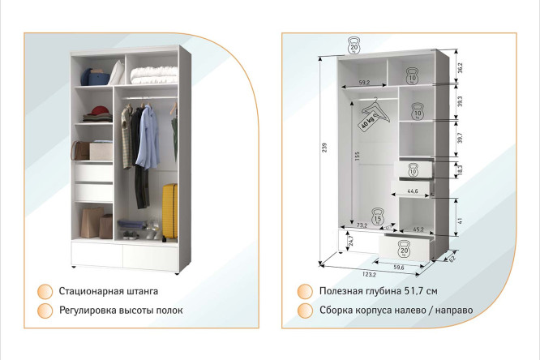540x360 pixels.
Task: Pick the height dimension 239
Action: point(325,147)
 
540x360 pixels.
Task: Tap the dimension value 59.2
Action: point(363,82)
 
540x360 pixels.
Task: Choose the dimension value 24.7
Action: point(351,241)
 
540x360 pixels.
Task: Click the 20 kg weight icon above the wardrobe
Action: point(354,46)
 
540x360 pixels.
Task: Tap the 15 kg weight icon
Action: point(378,217)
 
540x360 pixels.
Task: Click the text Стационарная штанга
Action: point(108,290)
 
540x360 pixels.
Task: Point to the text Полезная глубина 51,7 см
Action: point(378,290)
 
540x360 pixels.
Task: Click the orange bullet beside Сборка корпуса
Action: point(305,311)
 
